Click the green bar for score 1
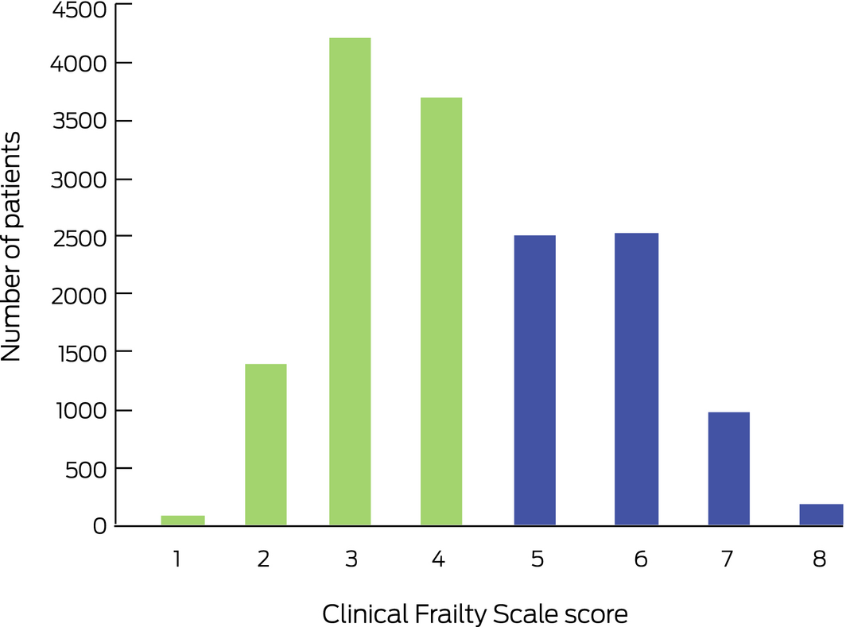[183, 521]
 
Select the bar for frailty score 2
[266, 445]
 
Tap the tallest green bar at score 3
[350, 282]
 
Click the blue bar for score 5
[535, 381]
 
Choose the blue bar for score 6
[636, 379]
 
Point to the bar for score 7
[729, 469]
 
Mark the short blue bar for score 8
[821, 515]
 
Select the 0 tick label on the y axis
[99, 526]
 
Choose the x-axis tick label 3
[351, 559]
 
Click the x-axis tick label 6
[641, 559]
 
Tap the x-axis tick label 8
[820, 559]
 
